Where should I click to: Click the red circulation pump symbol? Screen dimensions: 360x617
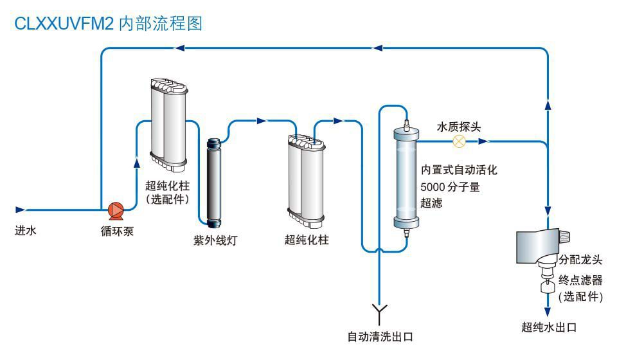point(116,210)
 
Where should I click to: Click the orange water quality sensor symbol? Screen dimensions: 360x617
point(459,141)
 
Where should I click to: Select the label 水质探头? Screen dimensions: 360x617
point(458,127)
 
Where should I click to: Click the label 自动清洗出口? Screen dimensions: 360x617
point(379,336)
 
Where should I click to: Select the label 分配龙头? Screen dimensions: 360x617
point(580,260)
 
